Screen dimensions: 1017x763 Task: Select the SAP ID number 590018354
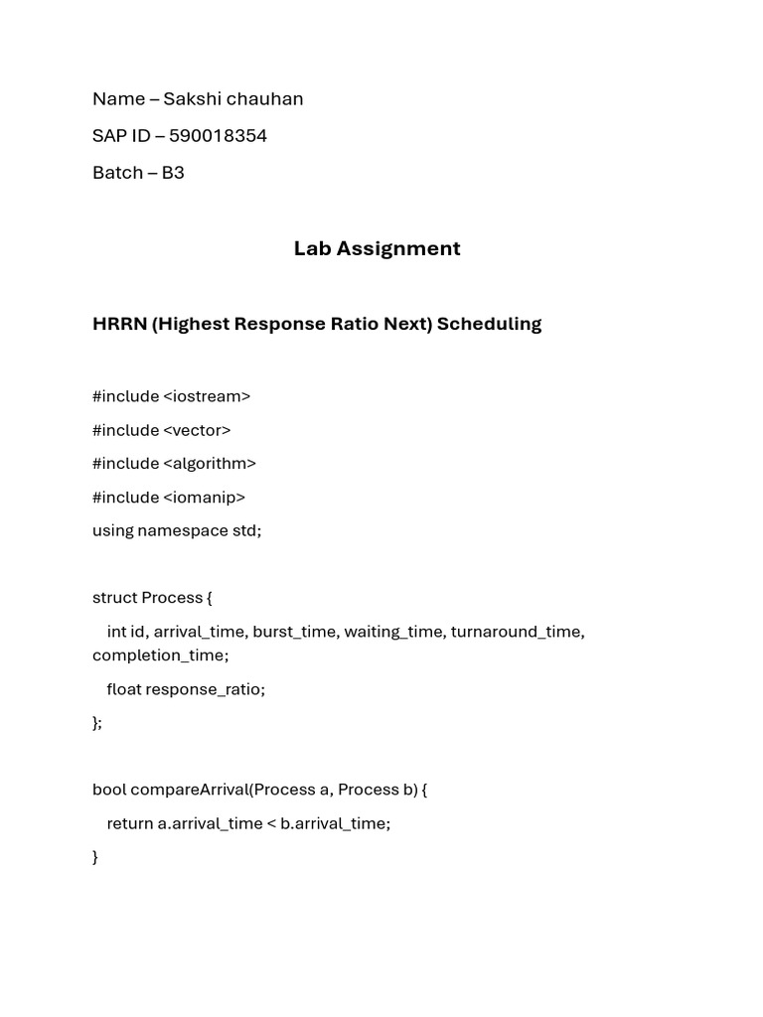pos(218,135)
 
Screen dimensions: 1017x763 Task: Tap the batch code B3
pos(173,172)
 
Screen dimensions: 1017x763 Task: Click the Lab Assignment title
pos(377,248)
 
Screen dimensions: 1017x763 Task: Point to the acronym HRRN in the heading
pos(119,324)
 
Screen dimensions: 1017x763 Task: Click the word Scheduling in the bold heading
pos(489,324)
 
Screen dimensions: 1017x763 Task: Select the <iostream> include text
pos(207,396)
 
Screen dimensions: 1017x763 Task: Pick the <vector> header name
pos(197,430)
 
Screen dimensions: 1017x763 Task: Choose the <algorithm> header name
pos(210,464)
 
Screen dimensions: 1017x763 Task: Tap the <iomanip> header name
pos(204,497)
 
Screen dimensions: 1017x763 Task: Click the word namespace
pos(183,530)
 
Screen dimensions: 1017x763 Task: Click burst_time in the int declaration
pos(294,632)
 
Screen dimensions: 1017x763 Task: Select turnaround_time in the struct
pos(517,632)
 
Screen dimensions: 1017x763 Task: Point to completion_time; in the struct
pos(160,655)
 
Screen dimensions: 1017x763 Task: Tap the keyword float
pos(124,689)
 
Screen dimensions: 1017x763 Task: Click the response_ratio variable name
pos(204,689)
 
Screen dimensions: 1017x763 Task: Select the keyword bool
pos(109,790)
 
